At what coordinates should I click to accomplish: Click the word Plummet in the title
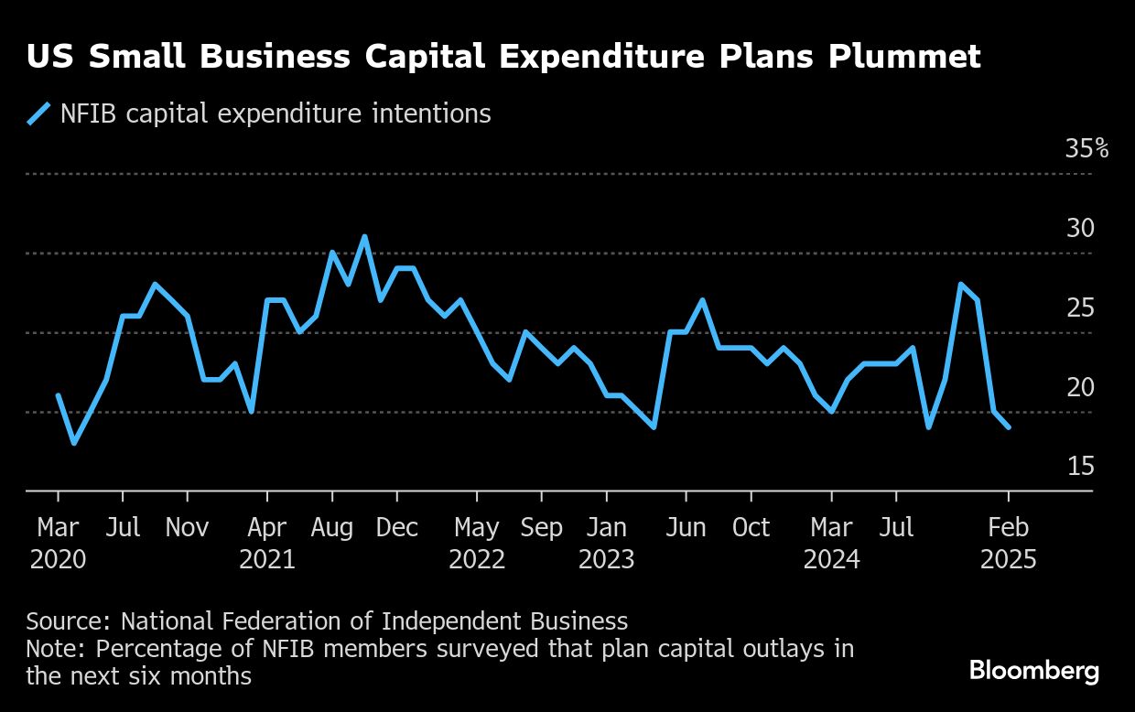click(904, 56)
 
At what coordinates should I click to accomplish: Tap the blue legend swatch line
click(38, 113)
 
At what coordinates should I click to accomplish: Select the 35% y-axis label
click(1086, 148)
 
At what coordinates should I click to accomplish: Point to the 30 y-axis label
click(1080, 228)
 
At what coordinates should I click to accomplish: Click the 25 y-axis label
click(1080, 307)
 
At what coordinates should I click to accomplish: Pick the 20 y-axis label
click(1080, 387)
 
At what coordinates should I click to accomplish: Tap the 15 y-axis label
click(1081, 466)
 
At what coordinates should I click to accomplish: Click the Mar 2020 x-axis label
click(59, 544)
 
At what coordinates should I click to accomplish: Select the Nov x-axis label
click(187, 527)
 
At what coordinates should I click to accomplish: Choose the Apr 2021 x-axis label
click(267, 544)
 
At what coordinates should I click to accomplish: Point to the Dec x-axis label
click(396, 527)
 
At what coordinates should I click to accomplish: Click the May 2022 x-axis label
click(477, 544)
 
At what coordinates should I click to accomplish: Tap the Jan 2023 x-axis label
click(607, 544)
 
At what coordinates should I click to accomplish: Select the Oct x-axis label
click(751, 527)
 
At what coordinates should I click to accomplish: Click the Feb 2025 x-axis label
click(1009, 544)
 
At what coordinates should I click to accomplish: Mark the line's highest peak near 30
click(364, 237)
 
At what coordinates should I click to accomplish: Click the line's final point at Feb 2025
click(1009, 427)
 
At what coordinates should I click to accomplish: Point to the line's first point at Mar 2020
click(59, 395)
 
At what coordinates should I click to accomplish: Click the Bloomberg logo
click(1034, 672)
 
